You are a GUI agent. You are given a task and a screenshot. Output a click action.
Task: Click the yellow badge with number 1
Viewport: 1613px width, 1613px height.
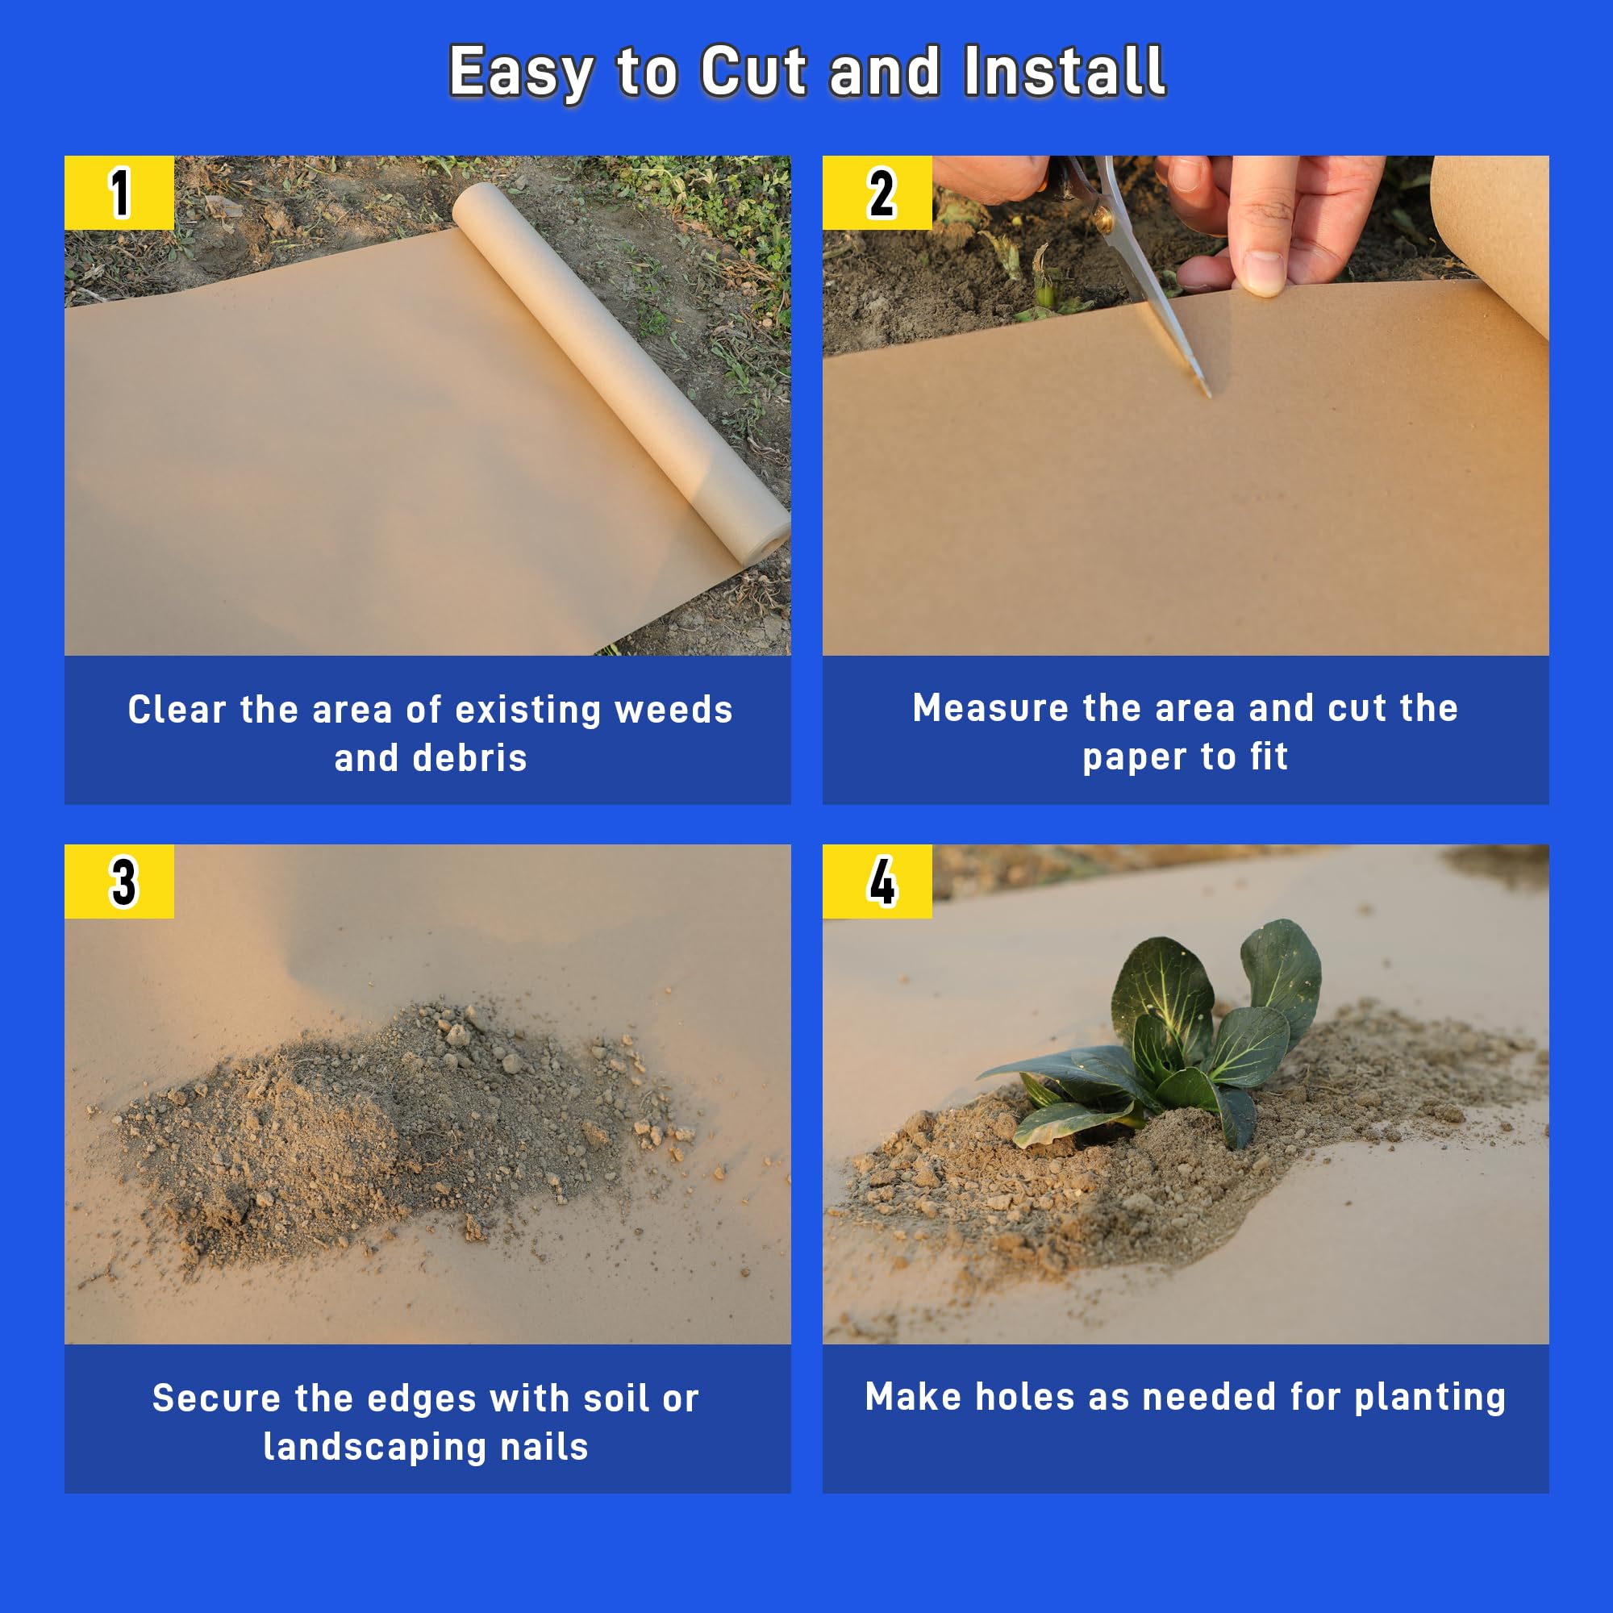point(119,193)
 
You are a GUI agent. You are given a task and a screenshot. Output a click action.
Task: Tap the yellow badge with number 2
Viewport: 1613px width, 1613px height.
point(877,193)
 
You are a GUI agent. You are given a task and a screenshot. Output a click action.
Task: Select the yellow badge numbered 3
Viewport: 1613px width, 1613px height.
point(119,882)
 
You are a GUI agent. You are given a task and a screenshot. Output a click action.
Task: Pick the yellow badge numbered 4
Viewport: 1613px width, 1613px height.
point(877,882)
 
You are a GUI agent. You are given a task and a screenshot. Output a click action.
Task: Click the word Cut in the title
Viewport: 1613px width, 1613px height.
point(754,72)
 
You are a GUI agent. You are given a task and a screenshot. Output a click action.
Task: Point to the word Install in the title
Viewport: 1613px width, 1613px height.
point(1065,72)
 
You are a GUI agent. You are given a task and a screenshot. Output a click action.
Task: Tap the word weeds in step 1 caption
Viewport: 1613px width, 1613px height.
point(673,710)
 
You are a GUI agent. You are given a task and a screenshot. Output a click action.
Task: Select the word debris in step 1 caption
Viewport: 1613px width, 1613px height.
point(470,758)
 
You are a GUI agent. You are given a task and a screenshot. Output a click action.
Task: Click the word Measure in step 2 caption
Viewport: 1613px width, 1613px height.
point(990,708)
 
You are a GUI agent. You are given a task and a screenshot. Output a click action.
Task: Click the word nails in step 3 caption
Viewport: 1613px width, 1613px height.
point(544,1447)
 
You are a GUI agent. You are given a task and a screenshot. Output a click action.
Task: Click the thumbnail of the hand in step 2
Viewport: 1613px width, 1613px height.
point(1262,271)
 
